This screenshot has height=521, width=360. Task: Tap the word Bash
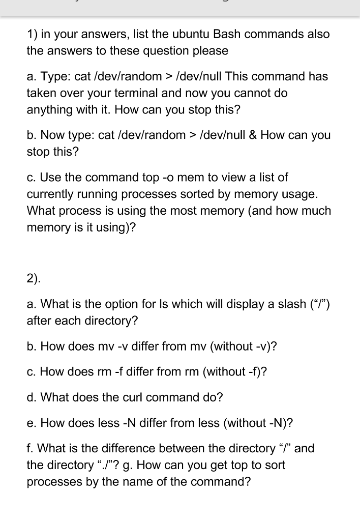tap(226, 35)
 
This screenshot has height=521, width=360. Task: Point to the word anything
tap(48, 109)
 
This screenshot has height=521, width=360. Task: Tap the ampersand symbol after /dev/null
tap(251, 135)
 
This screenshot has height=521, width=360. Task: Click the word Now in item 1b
tap(51, 135)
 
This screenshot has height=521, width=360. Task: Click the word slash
tap(288, 304)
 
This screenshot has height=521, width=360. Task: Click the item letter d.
tap(31, 397)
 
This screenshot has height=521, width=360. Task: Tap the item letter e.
tap(31, 423)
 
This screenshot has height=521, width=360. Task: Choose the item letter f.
tap(29, 448)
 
